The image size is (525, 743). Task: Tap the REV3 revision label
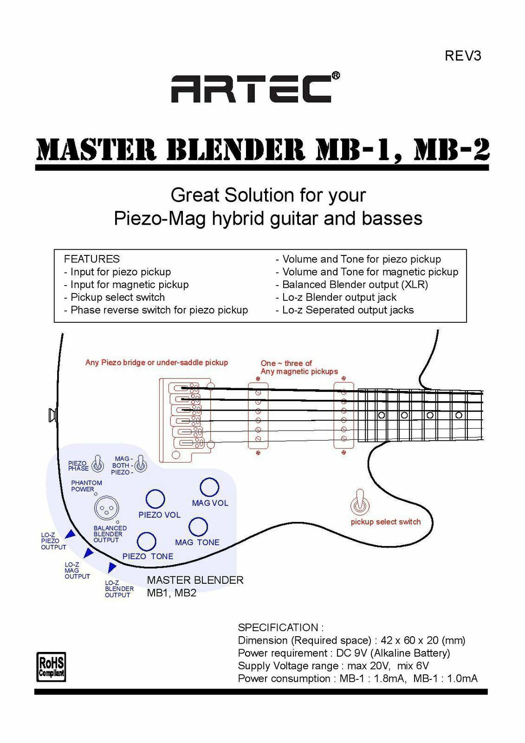(463, 56)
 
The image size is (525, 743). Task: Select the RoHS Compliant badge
(51, 667)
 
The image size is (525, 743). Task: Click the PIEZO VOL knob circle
(155, 499)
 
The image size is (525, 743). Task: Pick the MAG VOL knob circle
(209, 487)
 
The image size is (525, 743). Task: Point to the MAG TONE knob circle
(198, 527)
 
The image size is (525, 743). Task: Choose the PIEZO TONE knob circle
(147, 541)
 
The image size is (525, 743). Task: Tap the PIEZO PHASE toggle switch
(98, 463)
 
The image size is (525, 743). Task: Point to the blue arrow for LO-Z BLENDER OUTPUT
(111, 567)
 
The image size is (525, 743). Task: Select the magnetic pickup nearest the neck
(344, 416)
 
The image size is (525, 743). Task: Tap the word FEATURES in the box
(91, 259)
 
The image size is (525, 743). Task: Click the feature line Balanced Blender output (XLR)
(355, 285)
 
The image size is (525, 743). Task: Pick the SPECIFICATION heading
(280, 627)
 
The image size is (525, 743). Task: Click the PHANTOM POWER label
(86, 486)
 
